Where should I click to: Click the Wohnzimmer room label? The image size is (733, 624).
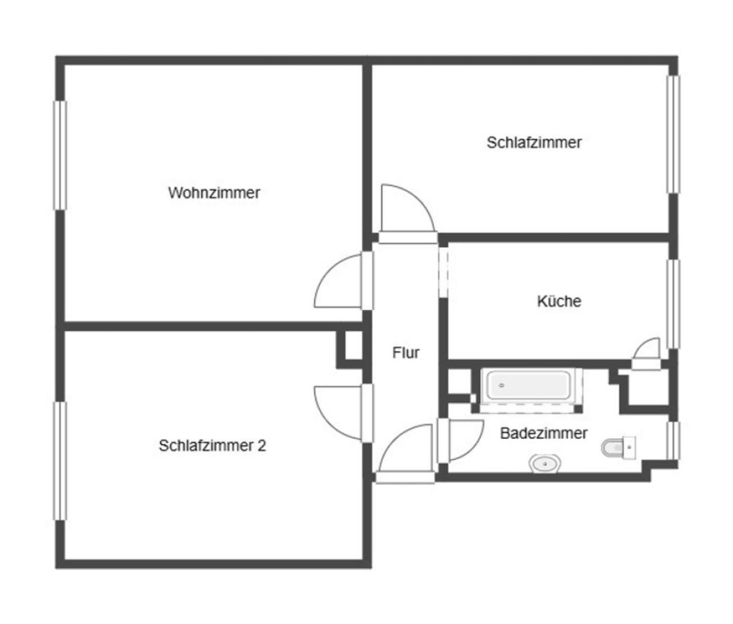[x=214, y=193]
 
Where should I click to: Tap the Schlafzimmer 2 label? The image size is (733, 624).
[x=212, y=446]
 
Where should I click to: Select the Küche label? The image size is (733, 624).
[x=559, y=302]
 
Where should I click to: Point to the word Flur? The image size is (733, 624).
[x=406, y=353]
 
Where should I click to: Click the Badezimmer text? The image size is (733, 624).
[x=544, y=433]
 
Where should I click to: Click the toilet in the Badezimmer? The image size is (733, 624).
[x=617, y=448]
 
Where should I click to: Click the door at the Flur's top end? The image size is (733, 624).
[x=406, y=211]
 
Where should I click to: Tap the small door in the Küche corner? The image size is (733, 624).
[x=648, y=351]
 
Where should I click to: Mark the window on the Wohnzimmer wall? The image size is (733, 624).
[x=60, y=155]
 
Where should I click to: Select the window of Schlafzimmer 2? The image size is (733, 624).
[x=60, y=460]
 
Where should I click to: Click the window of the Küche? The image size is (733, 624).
[x=673, y=303]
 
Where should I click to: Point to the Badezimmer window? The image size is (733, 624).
[x=672, y=440]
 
